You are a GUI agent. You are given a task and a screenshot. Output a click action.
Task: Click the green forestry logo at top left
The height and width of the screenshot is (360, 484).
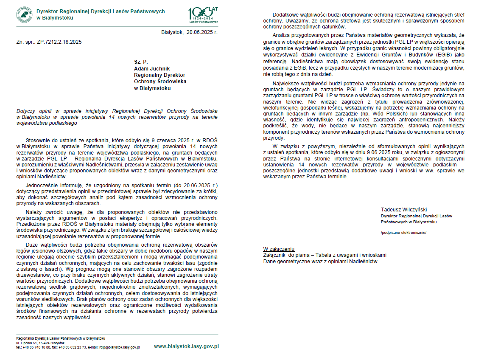[x=24, y=14]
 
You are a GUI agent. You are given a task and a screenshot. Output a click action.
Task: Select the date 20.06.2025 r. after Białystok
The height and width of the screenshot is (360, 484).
[x=202, y=32]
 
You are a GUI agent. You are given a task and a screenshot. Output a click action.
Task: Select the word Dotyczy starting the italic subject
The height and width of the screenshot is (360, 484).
[x=26, y=111]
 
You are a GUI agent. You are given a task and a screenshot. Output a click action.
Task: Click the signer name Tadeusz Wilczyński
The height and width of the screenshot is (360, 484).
[x=404, y=209]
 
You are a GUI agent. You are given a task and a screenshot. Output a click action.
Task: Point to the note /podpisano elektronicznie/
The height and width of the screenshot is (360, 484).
[x=403, y=233]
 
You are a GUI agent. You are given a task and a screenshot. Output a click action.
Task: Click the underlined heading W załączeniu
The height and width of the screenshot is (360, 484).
[x=279, y=249]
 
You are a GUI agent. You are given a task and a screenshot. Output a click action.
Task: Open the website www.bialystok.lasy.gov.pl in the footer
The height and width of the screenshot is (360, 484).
[x=186, y=346]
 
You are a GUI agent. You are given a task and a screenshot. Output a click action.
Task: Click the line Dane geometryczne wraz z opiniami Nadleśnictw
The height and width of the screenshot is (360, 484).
[x=320, y=261]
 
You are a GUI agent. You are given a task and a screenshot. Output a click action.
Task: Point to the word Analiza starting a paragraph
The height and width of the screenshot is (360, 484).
[x=283, y=35]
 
